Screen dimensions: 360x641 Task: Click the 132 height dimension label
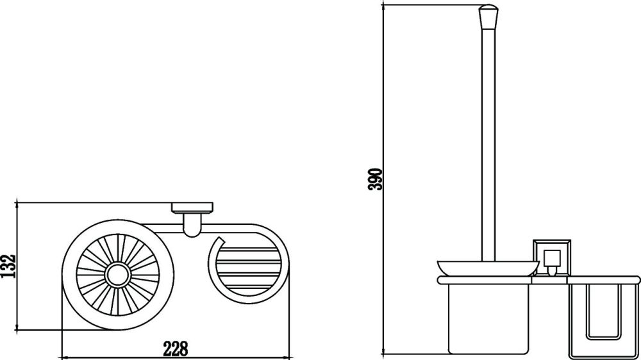pos(8,266)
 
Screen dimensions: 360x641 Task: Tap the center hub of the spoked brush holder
pos(117,275)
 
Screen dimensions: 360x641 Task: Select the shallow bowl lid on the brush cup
pos(486,267)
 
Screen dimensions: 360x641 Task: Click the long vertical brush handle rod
pos(488,141)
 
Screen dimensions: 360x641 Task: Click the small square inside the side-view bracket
pos(550,260)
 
